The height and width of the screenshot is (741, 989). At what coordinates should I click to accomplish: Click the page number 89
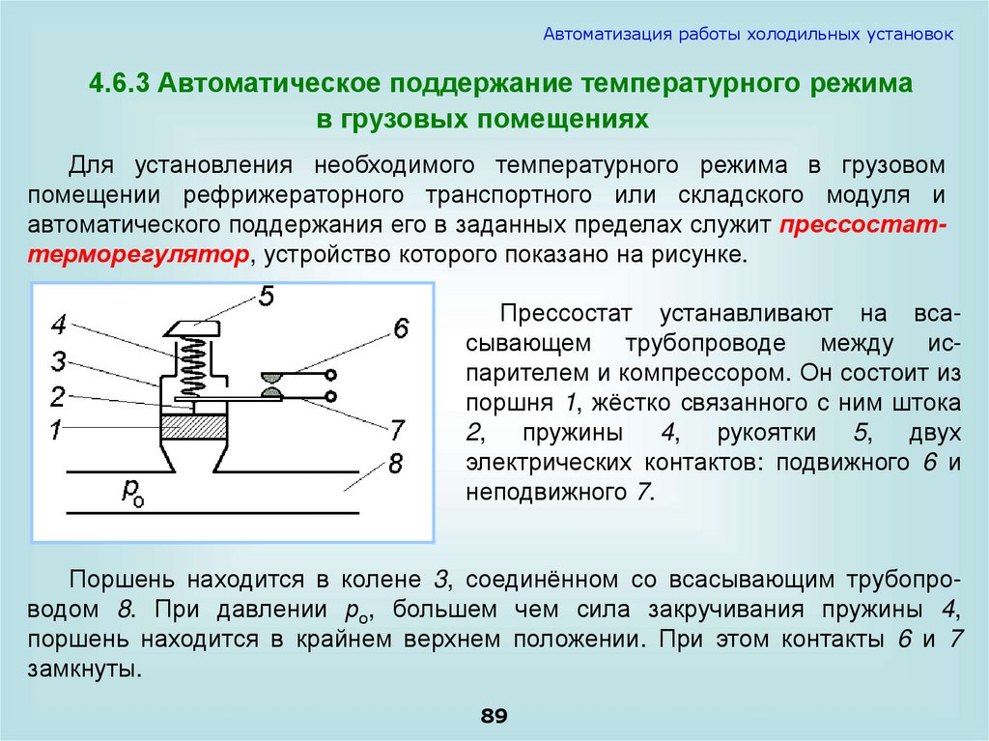[494, 716]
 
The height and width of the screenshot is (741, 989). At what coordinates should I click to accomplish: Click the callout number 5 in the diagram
[267, 298]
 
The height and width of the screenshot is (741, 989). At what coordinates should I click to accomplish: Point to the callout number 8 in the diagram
[394, 465]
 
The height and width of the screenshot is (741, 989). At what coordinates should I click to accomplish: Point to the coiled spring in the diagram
[194, 365]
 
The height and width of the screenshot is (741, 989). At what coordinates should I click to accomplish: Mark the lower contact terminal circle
[330, 396]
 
